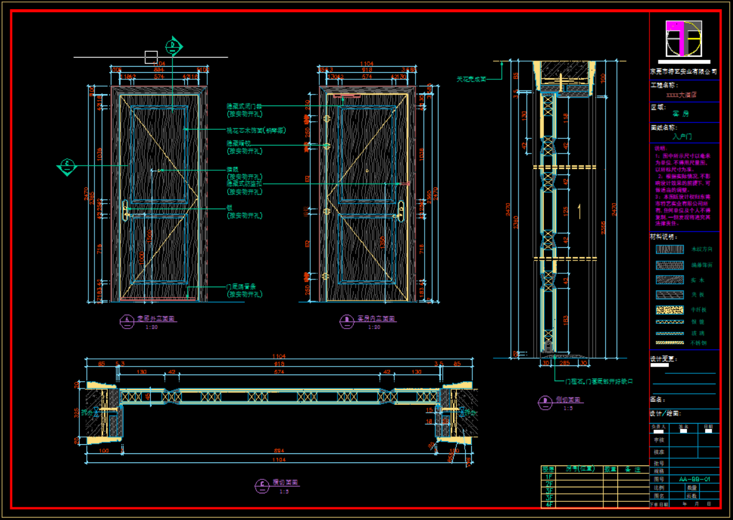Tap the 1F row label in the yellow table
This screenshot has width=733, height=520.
click(x=549, y=477)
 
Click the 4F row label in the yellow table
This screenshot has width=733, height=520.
click(x=549, y=504)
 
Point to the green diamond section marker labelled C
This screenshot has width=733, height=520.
click(x=68, y=165)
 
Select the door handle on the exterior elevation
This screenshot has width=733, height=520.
click(x=127, y=211)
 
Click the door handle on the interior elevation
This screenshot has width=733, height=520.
click(x=400, y=211)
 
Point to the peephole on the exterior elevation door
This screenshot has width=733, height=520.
click(x=159, y=170)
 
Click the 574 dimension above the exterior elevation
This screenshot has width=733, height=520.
click(x=159, y=77)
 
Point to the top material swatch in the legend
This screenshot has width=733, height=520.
click(x=669, y=249)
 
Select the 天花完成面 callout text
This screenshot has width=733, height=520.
click(x=471, y=79)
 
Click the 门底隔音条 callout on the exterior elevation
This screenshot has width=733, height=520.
click(x=240, y=287)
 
